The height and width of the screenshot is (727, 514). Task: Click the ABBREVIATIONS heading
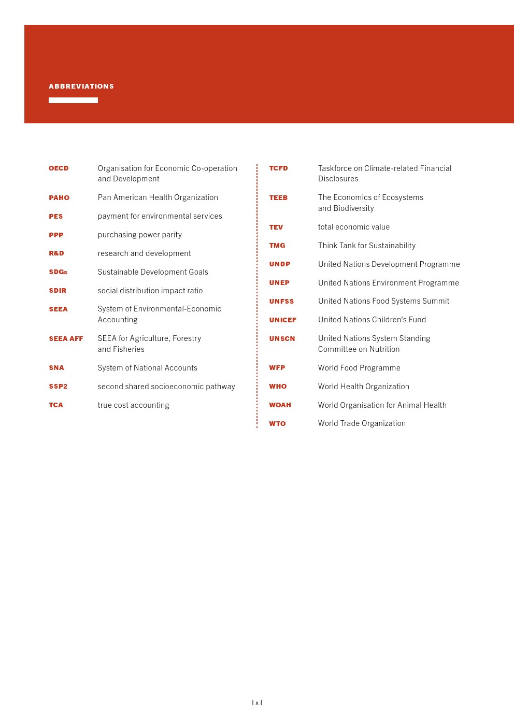[81, 87]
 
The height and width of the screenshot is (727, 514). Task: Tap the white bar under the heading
[73, 100]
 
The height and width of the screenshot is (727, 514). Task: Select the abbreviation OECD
[59, 168]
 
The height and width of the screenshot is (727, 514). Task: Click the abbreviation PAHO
[59, 198]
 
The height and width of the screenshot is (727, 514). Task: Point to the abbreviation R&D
[56, 253]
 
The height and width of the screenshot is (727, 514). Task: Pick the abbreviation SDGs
[58, 272]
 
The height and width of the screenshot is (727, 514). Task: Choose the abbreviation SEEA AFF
[66, 339]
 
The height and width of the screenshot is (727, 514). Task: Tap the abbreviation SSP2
[58, 387]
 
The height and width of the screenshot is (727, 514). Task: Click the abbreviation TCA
[56, 405]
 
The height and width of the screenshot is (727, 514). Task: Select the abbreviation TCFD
[278, 168]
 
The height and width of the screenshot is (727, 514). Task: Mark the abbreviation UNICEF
[282, 320]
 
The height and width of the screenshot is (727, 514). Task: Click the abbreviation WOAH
[280, 405]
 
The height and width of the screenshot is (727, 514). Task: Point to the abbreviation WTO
[277, 424]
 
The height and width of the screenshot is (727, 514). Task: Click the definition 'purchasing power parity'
[140, 235]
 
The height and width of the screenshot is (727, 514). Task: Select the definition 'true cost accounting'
[133, 405]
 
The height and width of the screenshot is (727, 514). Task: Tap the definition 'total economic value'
[354, 227]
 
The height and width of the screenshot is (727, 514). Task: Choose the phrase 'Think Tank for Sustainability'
[367, 246]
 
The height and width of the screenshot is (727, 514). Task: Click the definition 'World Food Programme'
[359, 368]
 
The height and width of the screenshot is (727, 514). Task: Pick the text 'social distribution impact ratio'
[150, 291]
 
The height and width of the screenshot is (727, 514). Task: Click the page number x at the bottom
[257, 703]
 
